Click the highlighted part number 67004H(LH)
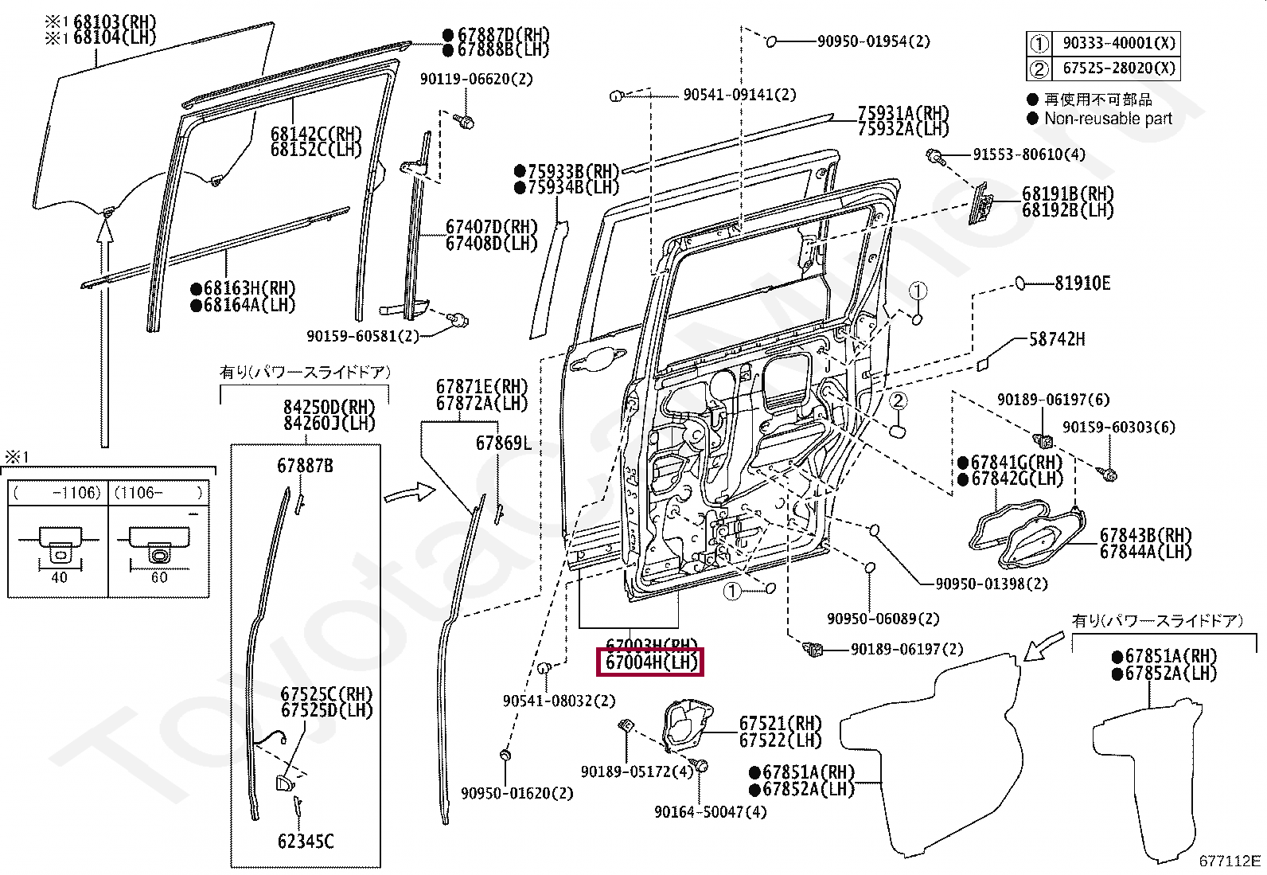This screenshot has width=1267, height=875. click(x=651, y=662)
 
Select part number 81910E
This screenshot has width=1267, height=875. click(x=1082, y=283)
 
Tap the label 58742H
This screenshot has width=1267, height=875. click(x=1057, y=340)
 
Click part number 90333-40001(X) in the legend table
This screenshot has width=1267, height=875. click(x=1118, y=44)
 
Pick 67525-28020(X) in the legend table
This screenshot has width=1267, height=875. click(x=1118, y=68)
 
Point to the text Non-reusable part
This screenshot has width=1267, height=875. click(x=1108, y=119)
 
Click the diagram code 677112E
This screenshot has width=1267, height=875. click(x=1230, y=861)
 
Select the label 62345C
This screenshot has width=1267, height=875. click(x=306, y=842)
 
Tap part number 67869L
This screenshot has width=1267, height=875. click(x=503, y=443)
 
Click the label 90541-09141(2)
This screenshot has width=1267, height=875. click(x=739, y=95)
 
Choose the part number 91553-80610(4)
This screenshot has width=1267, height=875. click(x=1028, y=154)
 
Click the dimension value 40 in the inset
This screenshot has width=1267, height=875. click(x=59, y=578)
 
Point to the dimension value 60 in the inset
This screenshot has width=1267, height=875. click(x=159, y=578)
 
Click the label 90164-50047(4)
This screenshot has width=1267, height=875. click(x=710, y=812)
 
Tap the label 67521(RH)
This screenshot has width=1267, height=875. click(x=780, y=723)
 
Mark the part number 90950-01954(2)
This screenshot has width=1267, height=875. click(x=873, y=41)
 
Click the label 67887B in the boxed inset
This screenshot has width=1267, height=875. click(x=305, y=466)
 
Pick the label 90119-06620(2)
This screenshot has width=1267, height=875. click(x=476, y=80)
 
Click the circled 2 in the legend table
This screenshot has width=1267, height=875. click(x=1039, y=69)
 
